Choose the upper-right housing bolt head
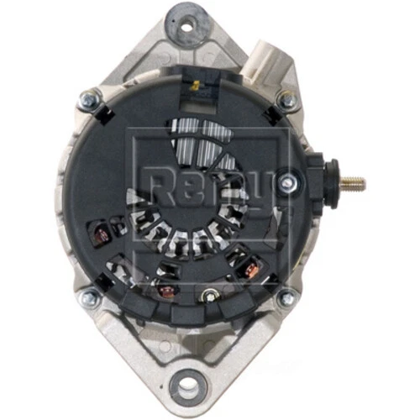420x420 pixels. coord(288,101)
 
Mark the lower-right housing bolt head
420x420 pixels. coord(288,296)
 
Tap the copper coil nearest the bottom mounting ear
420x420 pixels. coord(165,291)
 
